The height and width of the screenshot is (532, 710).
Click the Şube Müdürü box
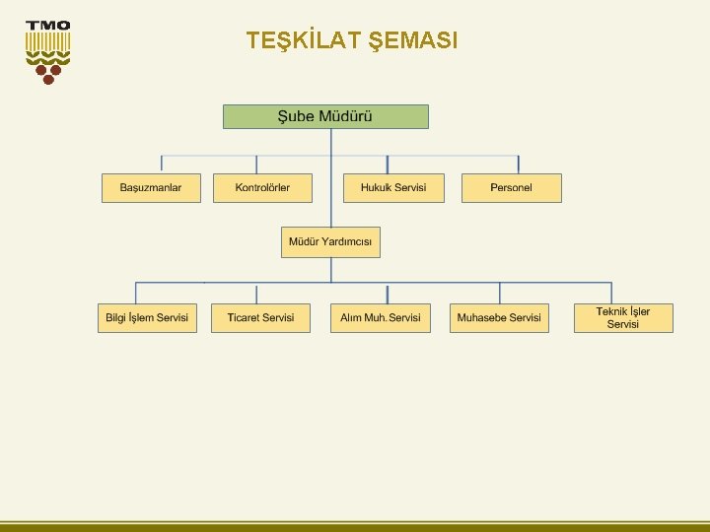coord(325,117)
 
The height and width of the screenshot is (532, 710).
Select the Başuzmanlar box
coord(151,188)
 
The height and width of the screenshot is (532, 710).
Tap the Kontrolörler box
coord(262,188)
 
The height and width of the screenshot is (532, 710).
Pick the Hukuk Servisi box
coord(393,188)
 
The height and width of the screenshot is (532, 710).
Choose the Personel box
coord(511,188)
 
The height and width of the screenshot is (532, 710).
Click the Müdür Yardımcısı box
coord(330,242)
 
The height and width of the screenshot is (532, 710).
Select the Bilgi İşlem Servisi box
coord(146,318)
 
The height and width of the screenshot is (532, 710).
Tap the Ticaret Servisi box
coord(260,318)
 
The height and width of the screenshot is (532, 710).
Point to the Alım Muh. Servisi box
coord(381,318)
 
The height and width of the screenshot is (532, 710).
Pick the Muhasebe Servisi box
coord(499,318)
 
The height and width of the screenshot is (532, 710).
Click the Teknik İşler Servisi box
coord(623,318)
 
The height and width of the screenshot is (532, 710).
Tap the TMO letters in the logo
coord(47,26)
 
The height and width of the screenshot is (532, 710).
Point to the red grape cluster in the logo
coord(47,71)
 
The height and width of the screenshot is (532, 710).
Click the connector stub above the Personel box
coord(519,165)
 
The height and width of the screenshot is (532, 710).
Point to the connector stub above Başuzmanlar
coord(162,165)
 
